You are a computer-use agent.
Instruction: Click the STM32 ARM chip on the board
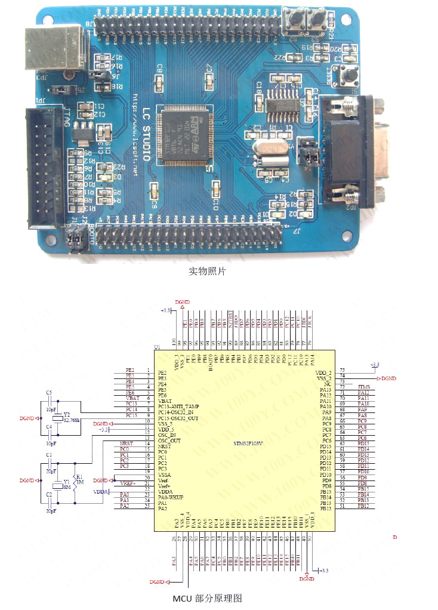[183, 133]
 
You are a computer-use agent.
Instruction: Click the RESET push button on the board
[346, 76]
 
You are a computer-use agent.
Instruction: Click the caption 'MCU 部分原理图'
[208, 598]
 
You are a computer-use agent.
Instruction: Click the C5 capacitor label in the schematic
[49, 392]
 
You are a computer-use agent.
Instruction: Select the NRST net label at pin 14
[127, 443]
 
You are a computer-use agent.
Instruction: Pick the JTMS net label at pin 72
[364, 387]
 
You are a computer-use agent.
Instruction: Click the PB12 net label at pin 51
[363, 506]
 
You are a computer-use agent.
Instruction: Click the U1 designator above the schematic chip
[158, 347]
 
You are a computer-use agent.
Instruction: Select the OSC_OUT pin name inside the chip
[169, 440]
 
